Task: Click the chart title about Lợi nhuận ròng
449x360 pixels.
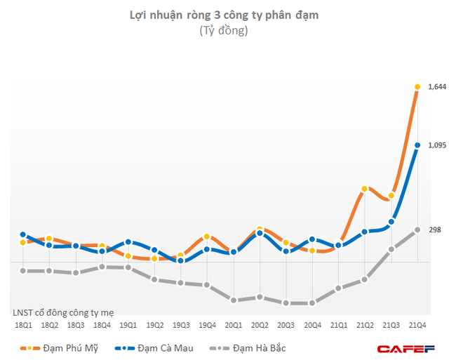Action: click(224, 14)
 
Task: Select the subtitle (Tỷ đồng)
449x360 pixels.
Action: click(224, 31)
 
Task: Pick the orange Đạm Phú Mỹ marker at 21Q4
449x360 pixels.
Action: click(417, 87)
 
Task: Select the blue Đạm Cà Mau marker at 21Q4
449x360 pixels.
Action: click(417, 146)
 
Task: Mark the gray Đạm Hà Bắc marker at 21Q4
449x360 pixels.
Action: click(417, 230)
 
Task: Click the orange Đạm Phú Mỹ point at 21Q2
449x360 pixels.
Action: click(365, 189)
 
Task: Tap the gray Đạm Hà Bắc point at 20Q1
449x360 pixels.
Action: click(234, 300)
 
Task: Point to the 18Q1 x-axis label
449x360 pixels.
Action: click(23, 325)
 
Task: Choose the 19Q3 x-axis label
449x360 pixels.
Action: click(181, 325)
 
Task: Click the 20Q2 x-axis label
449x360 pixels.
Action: click(260, 325)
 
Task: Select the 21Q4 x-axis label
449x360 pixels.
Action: click(417, 325)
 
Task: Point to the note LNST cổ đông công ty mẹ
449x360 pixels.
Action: click(63, 312)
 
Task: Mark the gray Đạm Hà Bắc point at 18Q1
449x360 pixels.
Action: click(23, 271)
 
